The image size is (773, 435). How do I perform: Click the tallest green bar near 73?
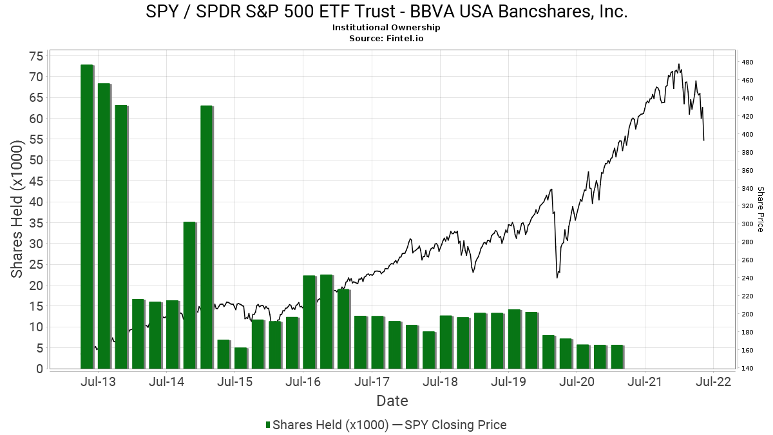tap(87, 217)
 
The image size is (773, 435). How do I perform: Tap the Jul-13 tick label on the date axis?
tap(98, 382)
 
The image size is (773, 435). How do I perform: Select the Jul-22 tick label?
tap(713, 382)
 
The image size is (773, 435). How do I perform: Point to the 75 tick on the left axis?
tap(36, 56)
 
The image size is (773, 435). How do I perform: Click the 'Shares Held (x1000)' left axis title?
tap(16, 209)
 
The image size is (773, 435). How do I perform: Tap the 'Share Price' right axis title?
tap(760, 209)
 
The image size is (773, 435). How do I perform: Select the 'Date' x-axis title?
tap(392, 401)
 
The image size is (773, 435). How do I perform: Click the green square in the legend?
tap(268, 425)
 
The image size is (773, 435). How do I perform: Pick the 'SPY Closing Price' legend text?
tap(455, 425)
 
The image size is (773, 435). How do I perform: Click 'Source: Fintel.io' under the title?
tap(386, 38)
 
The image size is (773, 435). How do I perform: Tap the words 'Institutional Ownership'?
tap(386, 27)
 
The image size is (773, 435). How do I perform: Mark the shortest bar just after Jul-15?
tap(241, 358)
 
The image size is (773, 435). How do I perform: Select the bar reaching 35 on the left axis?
tap(189, 295)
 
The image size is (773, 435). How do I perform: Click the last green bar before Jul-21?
tap(617, 356)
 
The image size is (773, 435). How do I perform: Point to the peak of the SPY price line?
tap(679, 64)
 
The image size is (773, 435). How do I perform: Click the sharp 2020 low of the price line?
tap(557, 278)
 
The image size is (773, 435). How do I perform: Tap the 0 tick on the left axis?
tap(40, 369)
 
